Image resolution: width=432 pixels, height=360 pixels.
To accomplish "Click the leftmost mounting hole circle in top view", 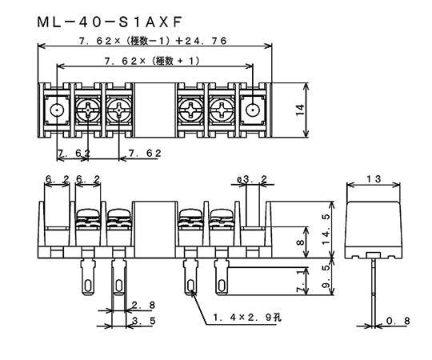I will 56,110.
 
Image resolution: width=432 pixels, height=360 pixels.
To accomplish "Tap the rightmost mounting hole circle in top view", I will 251,110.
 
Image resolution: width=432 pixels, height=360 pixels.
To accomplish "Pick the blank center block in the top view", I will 154,110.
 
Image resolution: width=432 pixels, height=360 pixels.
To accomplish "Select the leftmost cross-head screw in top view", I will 86,110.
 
